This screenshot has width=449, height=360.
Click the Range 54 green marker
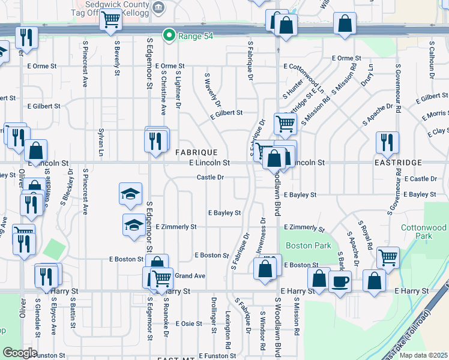tap(169, 35)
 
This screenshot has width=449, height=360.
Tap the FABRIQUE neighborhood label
tap(196, 152)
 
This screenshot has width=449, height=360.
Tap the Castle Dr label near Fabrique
tap(210, 177)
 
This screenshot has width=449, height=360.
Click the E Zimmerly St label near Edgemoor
tap(176, 227)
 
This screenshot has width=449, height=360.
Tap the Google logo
tap(20, 352)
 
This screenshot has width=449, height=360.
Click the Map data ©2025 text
tap(423, 355)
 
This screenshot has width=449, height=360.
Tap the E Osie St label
tap(185, 323)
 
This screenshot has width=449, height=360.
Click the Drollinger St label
tap(212, 314)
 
